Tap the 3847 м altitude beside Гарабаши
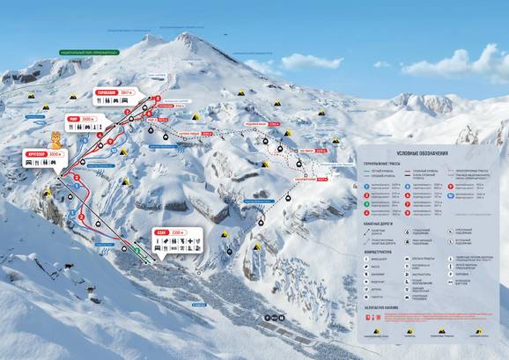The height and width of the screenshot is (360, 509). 127,92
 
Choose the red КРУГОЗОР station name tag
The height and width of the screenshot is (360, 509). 50,152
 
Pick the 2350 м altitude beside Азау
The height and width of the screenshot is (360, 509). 178,234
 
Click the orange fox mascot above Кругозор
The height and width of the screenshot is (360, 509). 56,139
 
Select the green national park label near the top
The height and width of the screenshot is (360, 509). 85,53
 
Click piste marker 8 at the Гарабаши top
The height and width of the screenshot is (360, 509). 159,99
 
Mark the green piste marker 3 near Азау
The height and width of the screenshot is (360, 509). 136,251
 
